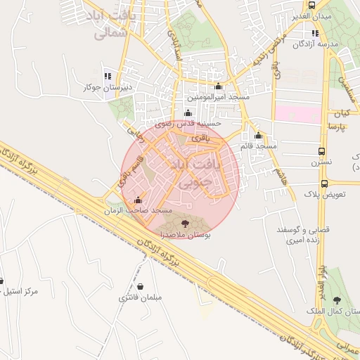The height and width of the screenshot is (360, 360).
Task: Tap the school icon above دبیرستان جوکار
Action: (107, 76)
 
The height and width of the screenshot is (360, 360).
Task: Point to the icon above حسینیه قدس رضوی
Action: (187, 113)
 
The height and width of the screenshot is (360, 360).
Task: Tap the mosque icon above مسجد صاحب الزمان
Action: (137, 199)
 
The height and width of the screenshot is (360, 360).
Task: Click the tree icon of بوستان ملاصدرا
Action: (185, 223)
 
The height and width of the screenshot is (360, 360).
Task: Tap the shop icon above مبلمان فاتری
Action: (143, 287)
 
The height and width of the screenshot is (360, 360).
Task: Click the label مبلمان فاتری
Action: (141, 298)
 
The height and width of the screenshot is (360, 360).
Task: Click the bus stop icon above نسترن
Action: (321, 152)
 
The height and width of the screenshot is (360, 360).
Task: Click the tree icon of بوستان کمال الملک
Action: (335, 301)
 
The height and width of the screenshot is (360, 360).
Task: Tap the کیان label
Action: (342, 113)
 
